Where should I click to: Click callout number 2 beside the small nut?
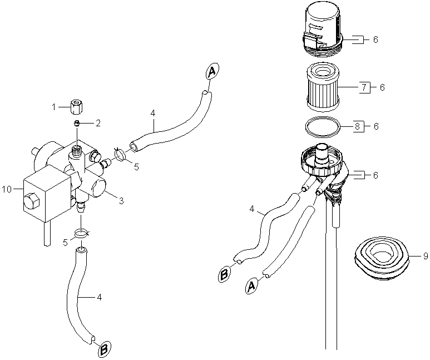point(98,123)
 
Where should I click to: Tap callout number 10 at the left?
point(7,189)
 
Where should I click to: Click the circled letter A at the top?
point(212,71)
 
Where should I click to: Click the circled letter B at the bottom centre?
point(103,350)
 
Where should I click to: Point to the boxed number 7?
point(363,87)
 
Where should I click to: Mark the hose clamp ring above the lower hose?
point(81,233)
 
